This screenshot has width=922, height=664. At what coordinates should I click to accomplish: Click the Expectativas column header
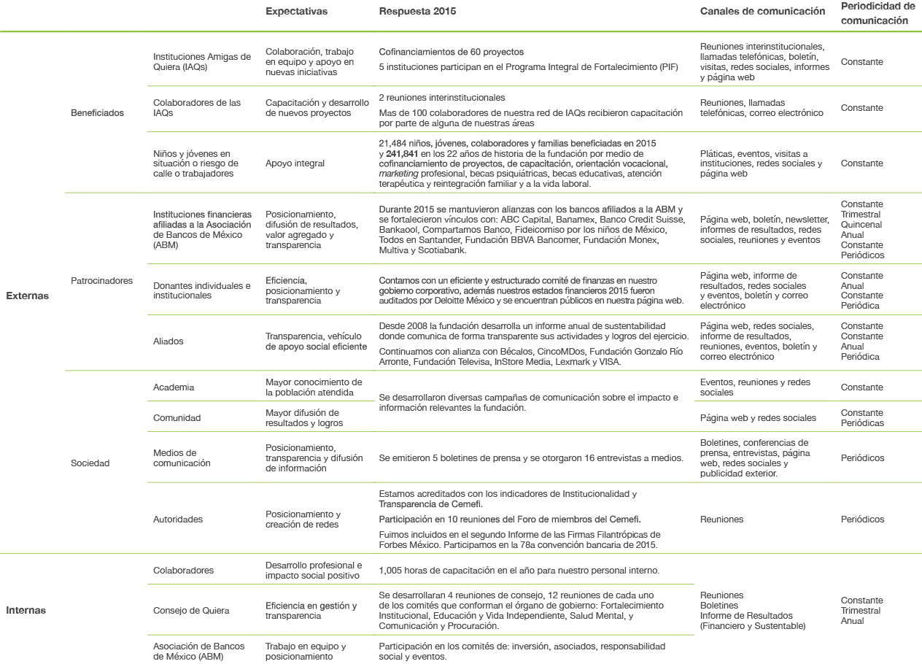296,12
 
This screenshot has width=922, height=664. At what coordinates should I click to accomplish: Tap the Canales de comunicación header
762,12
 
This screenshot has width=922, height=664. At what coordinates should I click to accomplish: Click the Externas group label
27,296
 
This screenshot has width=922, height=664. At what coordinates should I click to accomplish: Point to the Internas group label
26,611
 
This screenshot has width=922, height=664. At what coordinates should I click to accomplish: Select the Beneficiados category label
97,113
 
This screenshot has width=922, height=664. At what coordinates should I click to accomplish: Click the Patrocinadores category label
101,280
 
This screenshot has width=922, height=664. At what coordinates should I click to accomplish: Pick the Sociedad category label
90,463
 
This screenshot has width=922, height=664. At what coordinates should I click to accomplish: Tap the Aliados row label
168,341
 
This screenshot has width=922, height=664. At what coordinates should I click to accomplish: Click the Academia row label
174,387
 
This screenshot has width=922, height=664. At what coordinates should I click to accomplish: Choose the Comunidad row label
177,418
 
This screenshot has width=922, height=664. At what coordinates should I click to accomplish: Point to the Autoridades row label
178,520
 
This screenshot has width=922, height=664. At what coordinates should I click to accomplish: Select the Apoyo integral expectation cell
295,164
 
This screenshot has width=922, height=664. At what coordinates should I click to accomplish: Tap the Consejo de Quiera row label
191,611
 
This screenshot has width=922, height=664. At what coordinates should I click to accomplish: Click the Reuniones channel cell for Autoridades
721,520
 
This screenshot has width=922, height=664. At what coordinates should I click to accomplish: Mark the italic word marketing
400,174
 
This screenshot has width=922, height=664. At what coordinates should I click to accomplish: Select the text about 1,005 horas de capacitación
519,570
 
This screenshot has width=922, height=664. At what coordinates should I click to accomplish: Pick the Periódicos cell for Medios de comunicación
862,458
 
